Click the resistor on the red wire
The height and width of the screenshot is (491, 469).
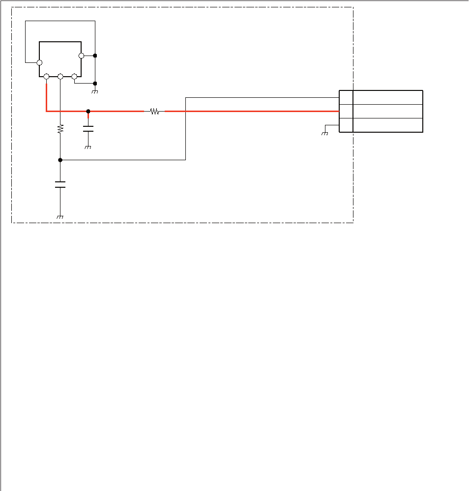[154, 112]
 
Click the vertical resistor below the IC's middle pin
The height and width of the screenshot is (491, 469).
[60, 129]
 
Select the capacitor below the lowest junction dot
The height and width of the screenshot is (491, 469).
[60, 184]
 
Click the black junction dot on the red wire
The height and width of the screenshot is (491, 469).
[88, 111]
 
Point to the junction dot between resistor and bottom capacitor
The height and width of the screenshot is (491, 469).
[60, 160]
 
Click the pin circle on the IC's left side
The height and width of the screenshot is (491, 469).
[39, 62]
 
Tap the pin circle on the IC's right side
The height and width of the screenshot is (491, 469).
[81, 56]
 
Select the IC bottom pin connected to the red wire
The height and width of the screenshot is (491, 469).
[46, 77]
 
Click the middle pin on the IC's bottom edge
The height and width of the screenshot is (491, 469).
[60, 77]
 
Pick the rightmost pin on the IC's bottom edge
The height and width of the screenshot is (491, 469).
[74, 77]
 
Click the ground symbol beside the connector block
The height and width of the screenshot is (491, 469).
[324, 133]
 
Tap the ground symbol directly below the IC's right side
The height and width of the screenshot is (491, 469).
[95, 91]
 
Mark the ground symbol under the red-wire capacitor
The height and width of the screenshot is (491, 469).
[88, 147]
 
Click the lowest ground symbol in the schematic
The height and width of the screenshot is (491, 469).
[60, 217]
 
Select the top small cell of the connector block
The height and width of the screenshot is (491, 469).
[346, 97]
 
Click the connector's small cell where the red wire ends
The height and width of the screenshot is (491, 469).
[346, 111]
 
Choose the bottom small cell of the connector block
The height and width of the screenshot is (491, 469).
[346, 125]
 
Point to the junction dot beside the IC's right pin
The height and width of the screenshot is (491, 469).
[95, 56]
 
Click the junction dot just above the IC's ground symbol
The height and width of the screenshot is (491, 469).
[95, 84]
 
